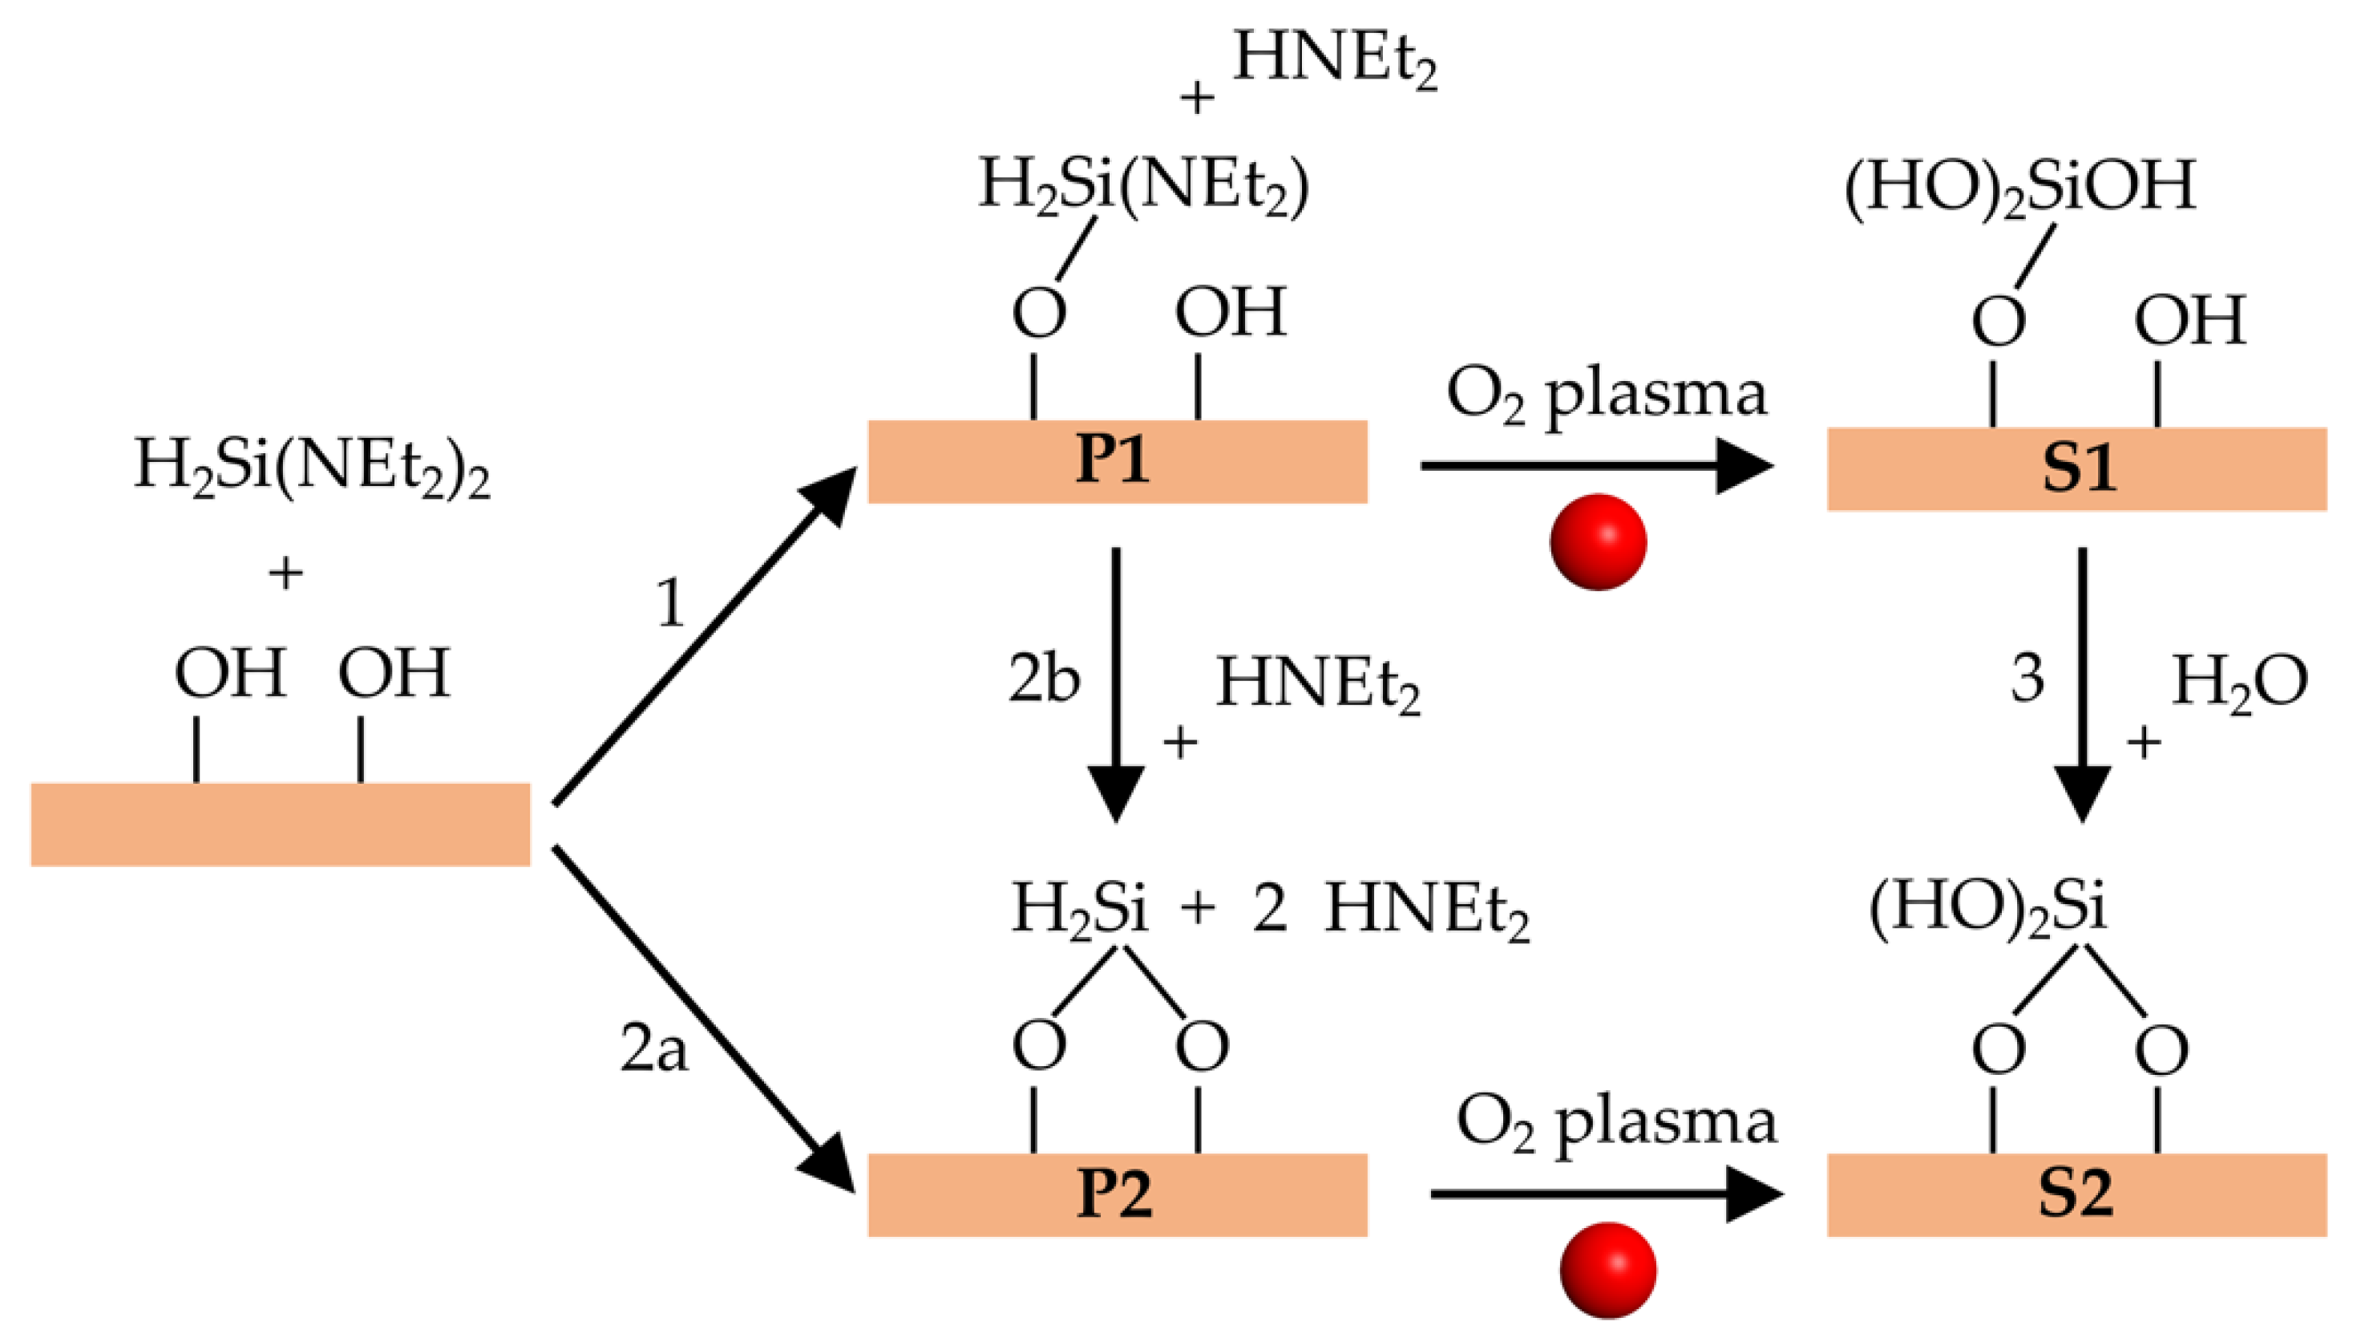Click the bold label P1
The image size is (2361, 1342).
1113,461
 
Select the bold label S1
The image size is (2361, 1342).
2077,469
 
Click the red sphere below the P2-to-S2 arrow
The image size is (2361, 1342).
1607,1270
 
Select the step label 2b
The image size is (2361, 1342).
1044,679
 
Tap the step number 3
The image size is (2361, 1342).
2027,679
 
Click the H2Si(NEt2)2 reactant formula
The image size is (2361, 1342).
311,465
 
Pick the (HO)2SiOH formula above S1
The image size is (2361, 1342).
2019,187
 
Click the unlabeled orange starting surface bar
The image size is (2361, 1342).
280,824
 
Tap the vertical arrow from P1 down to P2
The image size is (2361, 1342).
1115,682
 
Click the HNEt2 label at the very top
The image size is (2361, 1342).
1334,58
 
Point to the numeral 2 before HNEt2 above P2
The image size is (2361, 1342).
1269,909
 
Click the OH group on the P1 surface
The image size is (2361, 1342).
1230,314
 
